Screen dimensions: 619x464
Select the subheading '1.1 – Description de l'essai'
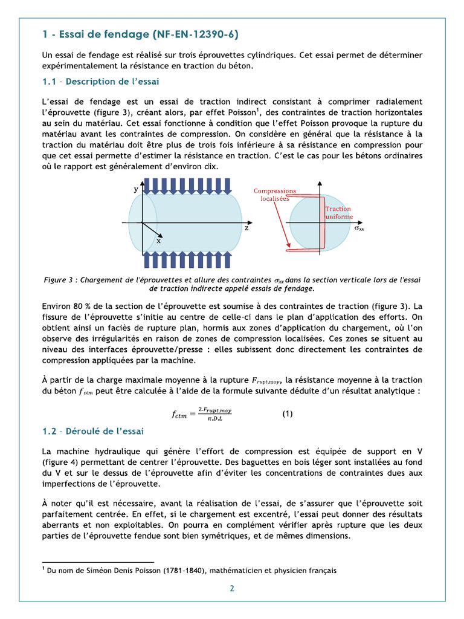(x=100, y=81)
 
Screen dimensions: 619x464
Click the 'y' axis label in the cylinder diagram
(x=135, y=189)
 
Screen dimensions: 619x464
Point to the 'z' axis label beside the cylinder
(x=246, y=228)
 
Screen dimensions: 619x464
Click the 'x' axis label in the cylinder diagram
(x=159, y=240)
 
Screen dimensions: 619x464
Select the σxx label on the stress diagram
(x=358, y=229)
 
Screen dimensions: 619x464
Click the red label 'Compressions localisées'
(x=275, y=194)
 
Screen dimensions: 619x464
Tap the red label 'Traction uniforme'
(x=338, y=213)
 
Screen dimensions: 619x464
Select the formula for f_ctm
(x=202, y=414)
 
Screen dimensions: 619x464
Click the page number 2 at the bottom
(x=231, y=588)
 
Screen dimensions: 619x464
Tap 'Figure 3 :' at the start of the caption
(x=60, y=279)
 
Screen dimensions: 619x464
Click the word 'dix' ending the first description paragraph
(x=211, y=166)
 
